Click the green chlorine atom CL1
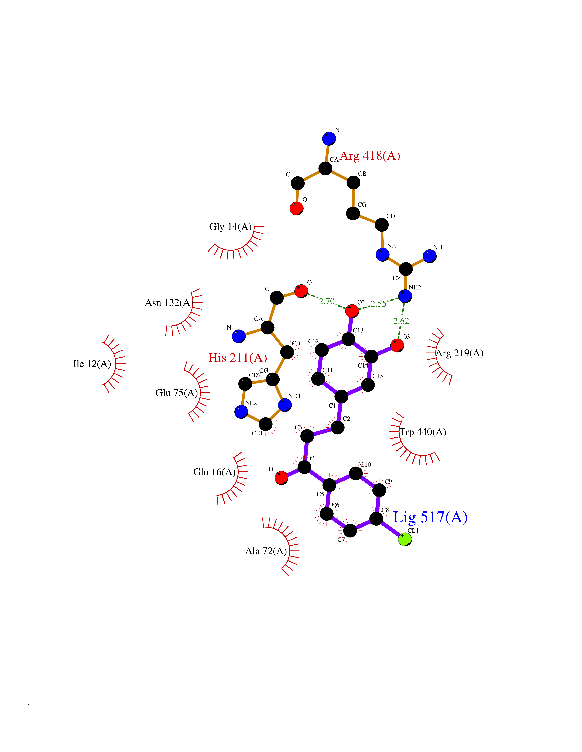point(405,539)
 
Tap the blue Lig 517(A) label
point(430,517)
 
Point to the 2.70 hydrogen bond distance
point(326,301)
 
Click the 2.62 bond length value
point(401,321)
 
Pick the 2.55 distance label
point(378,304)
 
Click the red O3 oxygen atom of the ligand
point(397,345)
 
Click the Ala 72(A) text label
point(266,551)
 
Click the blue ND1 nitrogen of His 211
point(285,405)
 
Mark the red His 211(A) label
point(238,358)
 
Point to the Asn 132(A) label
point(169,303)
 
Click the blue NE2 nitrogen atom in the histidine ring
point(241,411)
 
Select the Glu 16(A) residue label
point(214,472)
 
